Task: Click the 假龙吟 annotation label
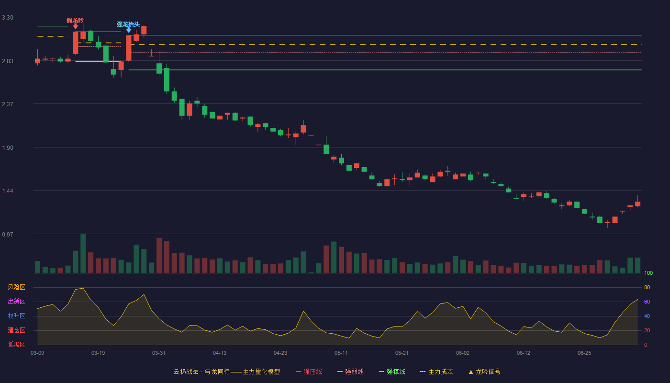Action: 75,20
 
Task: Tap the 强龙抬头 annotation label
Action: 128,24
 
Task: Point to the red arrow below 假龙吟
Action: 76,27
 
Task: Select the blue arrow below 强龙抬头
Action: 129,30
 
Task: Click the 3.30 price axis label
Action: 8,18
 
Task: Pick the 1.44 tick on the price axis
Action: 8,191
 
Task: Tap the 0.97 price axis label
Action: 8,234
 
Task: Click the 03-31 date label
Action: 158,353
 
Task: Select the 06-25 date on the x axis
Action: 584,353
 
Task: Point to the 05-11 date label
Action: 341,353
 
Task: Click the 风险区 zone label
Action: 16,287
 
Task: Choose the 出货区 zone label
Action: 16,301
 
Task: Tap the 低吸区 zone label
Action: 16,344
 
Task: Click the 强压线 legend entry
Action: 309,372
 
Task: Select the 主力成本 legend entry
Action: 436,372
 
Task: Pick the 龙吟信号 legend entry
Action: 484,372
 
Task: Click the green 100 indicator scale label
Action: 648,273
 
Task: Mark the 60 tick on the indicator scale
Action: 647,302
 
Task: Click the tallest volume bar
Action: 83,253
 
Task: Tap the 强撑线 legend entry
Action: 392,372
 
